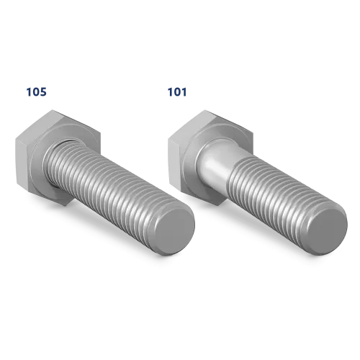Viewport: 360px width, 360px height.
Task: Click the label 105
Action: click(36, 92)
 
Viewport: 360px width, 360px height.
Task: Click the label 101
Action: click(177, 92)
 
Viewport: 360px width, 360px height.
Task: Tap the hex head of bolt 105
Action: click(58, 157)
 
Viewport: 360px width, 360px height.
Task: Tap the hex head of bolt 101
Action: click(210, 157)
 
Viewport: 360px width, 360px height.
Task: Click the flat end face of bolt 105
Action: click(174, 231)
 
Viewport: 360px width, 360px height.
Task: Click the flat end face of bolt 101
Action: click(327, 231)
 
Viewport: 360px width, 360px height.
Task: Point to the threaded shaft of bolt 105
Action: click(115, 192)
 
